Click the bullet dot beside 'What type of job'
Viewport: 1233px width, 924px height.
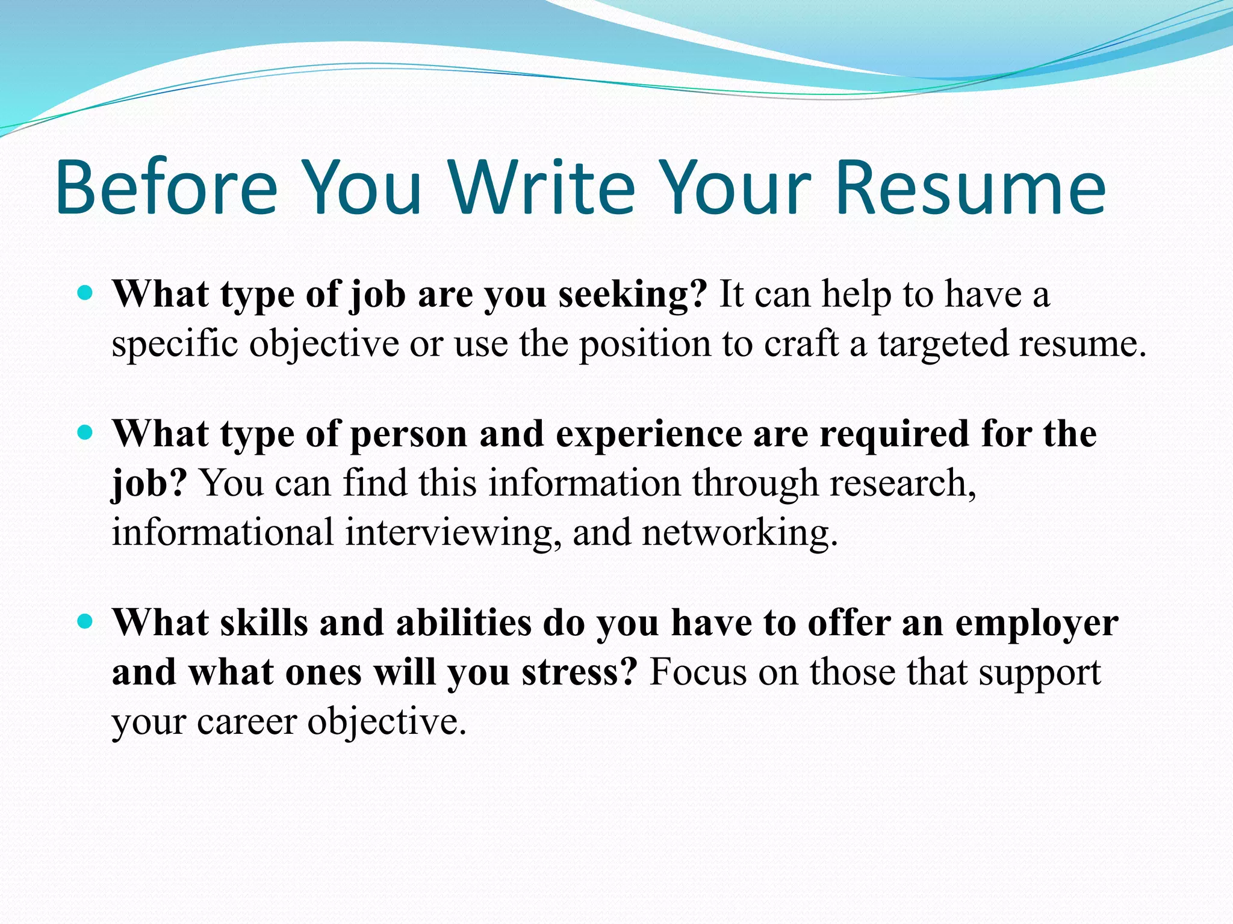click(x=86, y=294)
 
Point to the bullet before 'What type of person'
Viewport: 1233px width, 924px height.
click(x=86, y=433)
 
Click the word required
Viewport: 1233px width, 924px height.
click(x=895, y=434)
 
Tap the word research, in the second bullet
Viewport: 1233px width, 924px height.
click(x=902, y=483)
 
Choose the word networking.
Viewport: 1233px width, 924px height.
click(x=740, y=533)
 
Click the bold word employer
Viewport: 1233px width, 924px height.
click(x=1037, y=624)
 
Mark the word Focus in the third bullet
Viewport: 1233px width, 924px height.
click(x=698, y=673)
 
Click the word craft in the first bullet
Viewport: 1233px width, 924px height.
click(x=801, y=344)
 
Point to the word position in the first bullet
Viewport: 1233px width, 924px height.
click(x=645, y=345)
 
